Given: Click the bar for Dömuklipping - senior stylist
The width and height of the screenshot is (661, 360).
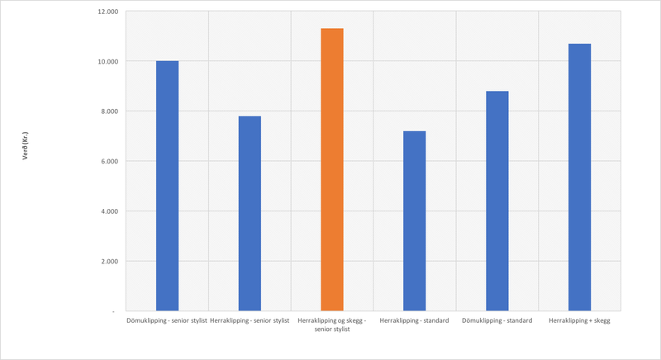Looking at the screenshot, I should pyautogui.click(x=167, y=186).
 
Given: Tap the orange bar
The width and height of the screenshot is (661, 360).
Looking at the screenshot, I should pyautogui.click(x=332, y=169).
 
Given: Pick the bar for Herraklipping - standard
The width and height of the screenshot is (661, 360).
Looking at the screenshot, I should pyautogui.click(x=415, y=220).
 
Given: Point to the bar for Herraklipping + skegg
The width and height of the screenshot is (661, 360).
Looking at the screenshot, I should pyautogui.click(x=579, y=177).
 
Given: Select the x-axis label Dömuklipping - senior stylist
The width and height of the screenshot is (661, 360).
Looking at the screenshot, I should pyautogui.click(x=167, y=320).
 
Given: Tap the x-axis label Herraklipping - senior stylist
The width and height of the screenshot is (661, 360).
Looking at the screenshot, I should pyautogui.click(x=250, y=320).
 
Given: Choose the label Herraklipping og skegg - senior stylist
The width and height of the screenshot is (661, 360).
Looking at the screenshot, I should pyautogui.click(x=332, y=324).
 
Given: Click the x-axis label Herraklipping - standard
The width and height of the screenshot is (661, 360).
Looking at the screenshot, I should pyautogui.click(x=415, y=320).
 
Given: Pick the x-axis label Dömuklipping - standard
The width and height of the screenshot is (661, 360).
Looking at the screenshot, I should pyautogui.click(x=497, y=320).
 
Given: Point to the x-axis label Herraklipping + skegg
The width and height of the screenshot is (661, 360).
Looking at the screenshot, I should pyautogui.click(x=579, y=320).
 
